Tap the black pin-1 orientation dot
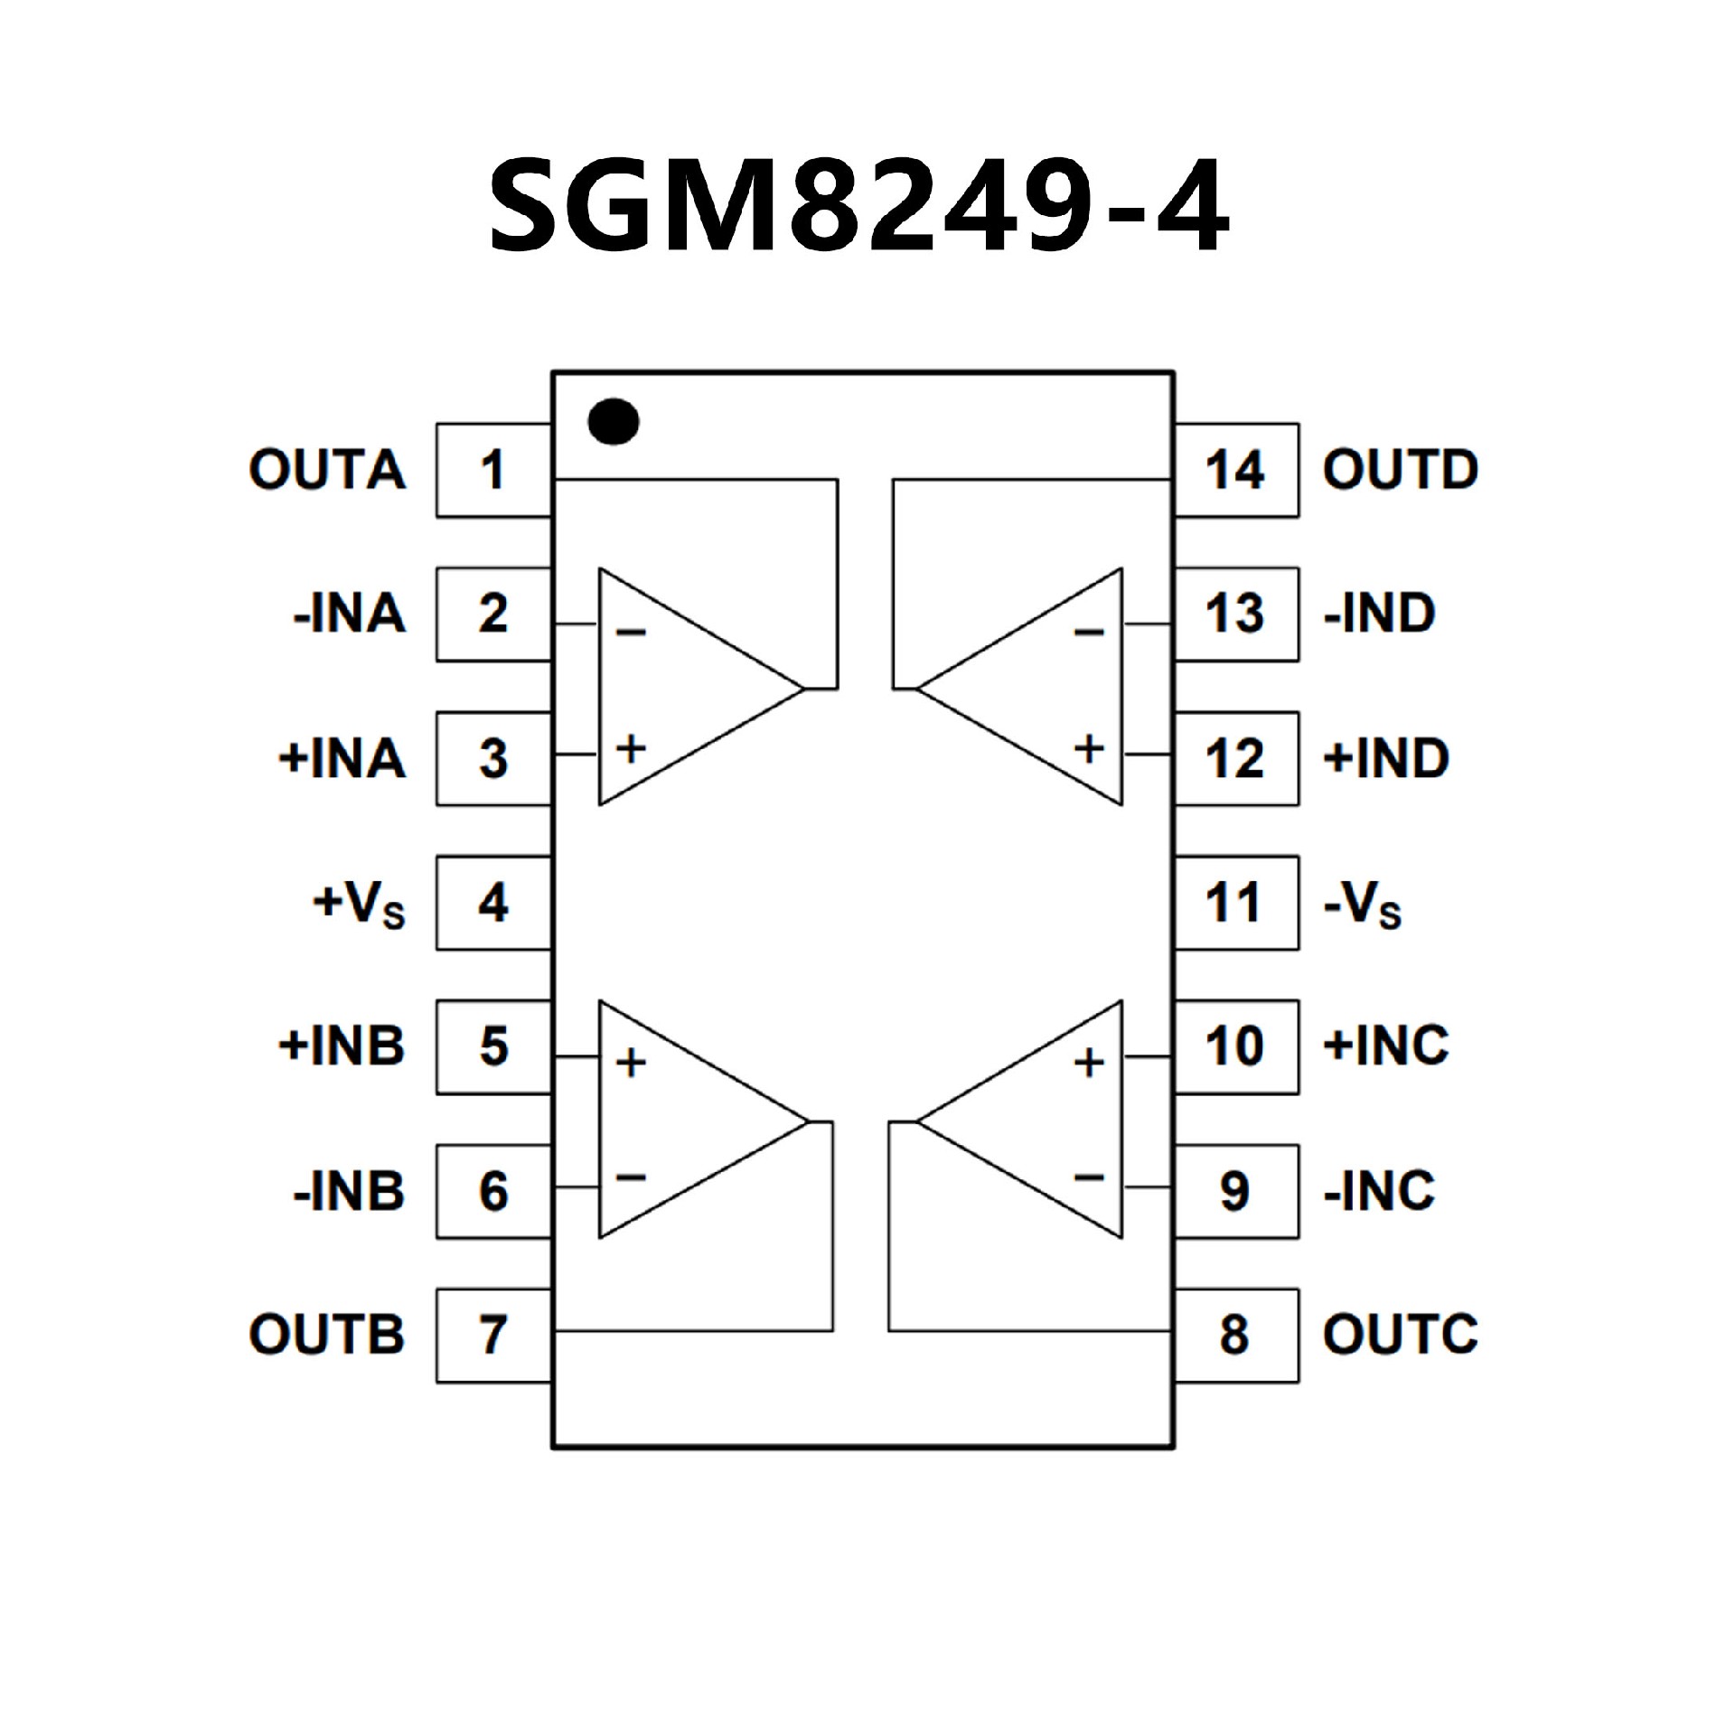coord(613,422)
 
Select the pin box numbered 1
coord(493,470)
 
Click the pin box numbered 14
coord(1235,470)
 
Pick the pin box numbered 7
coord(493,1335)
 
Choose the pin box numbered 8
coord(1235,1335)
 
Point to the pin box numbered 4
coord(493,902)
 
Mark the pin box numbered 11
coord(1235,902)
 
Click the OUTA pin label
coord(327,470)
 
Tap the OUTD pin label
coord(1400,470)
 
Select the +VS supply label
coord(359,904)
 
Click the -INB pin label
coord(349,1191)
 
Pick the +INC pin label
coord(1385,1046)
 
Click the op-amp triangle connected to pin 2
coord(678,687)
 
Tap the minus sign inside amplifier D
coord(1089,632)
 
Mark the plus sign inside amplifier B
coord(631,1063)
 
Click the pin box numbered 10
coord(1235,1046)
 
